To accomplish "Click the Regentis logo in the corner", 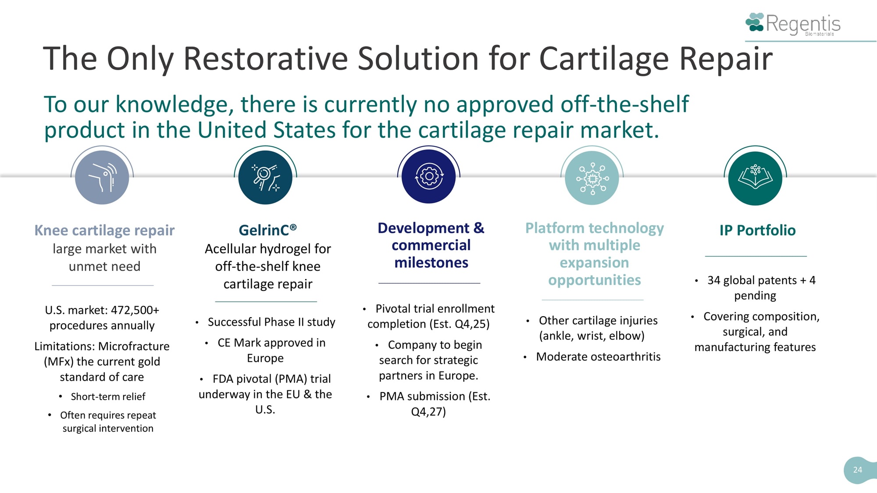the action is click(x=793, y=24).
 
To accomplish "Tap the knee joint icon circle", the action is click(x=102, y=178).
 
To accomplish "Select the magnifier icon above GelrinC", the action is click(x=265, y=178).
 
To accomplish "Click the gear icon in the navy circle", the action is click(x=429, y=177).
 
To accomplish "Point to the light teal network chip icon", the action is click(x=592, y=178).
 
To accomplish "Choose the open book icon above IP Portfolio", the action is click(x=755, y=178).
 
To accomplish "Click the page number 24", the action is click(x=858, y=470).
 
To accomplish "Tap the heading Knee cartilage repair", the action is click(x=104, y=230).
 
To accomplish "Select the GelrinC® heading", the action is click(x=267, y=230).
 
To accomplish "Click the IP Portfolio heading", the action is click(x=757, y=230).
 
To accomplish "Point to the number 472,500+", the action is click(x=135, y=310).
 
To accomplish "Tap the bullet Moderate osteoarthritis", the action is click(x=598, y=357).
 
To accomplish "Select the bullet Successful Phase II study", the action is click(x=271, y=322).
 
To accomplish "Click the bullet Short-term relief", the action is click(x=108, y=397).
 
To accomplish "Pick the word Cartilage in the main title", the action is click(x=605, y=59).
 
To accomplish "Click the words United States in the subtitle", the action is click(x=267, y=130).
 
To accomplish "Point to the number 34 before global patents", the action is click(x=713, y=280).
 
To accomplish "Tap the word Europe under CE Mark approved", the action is click(x=265, y=358).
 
